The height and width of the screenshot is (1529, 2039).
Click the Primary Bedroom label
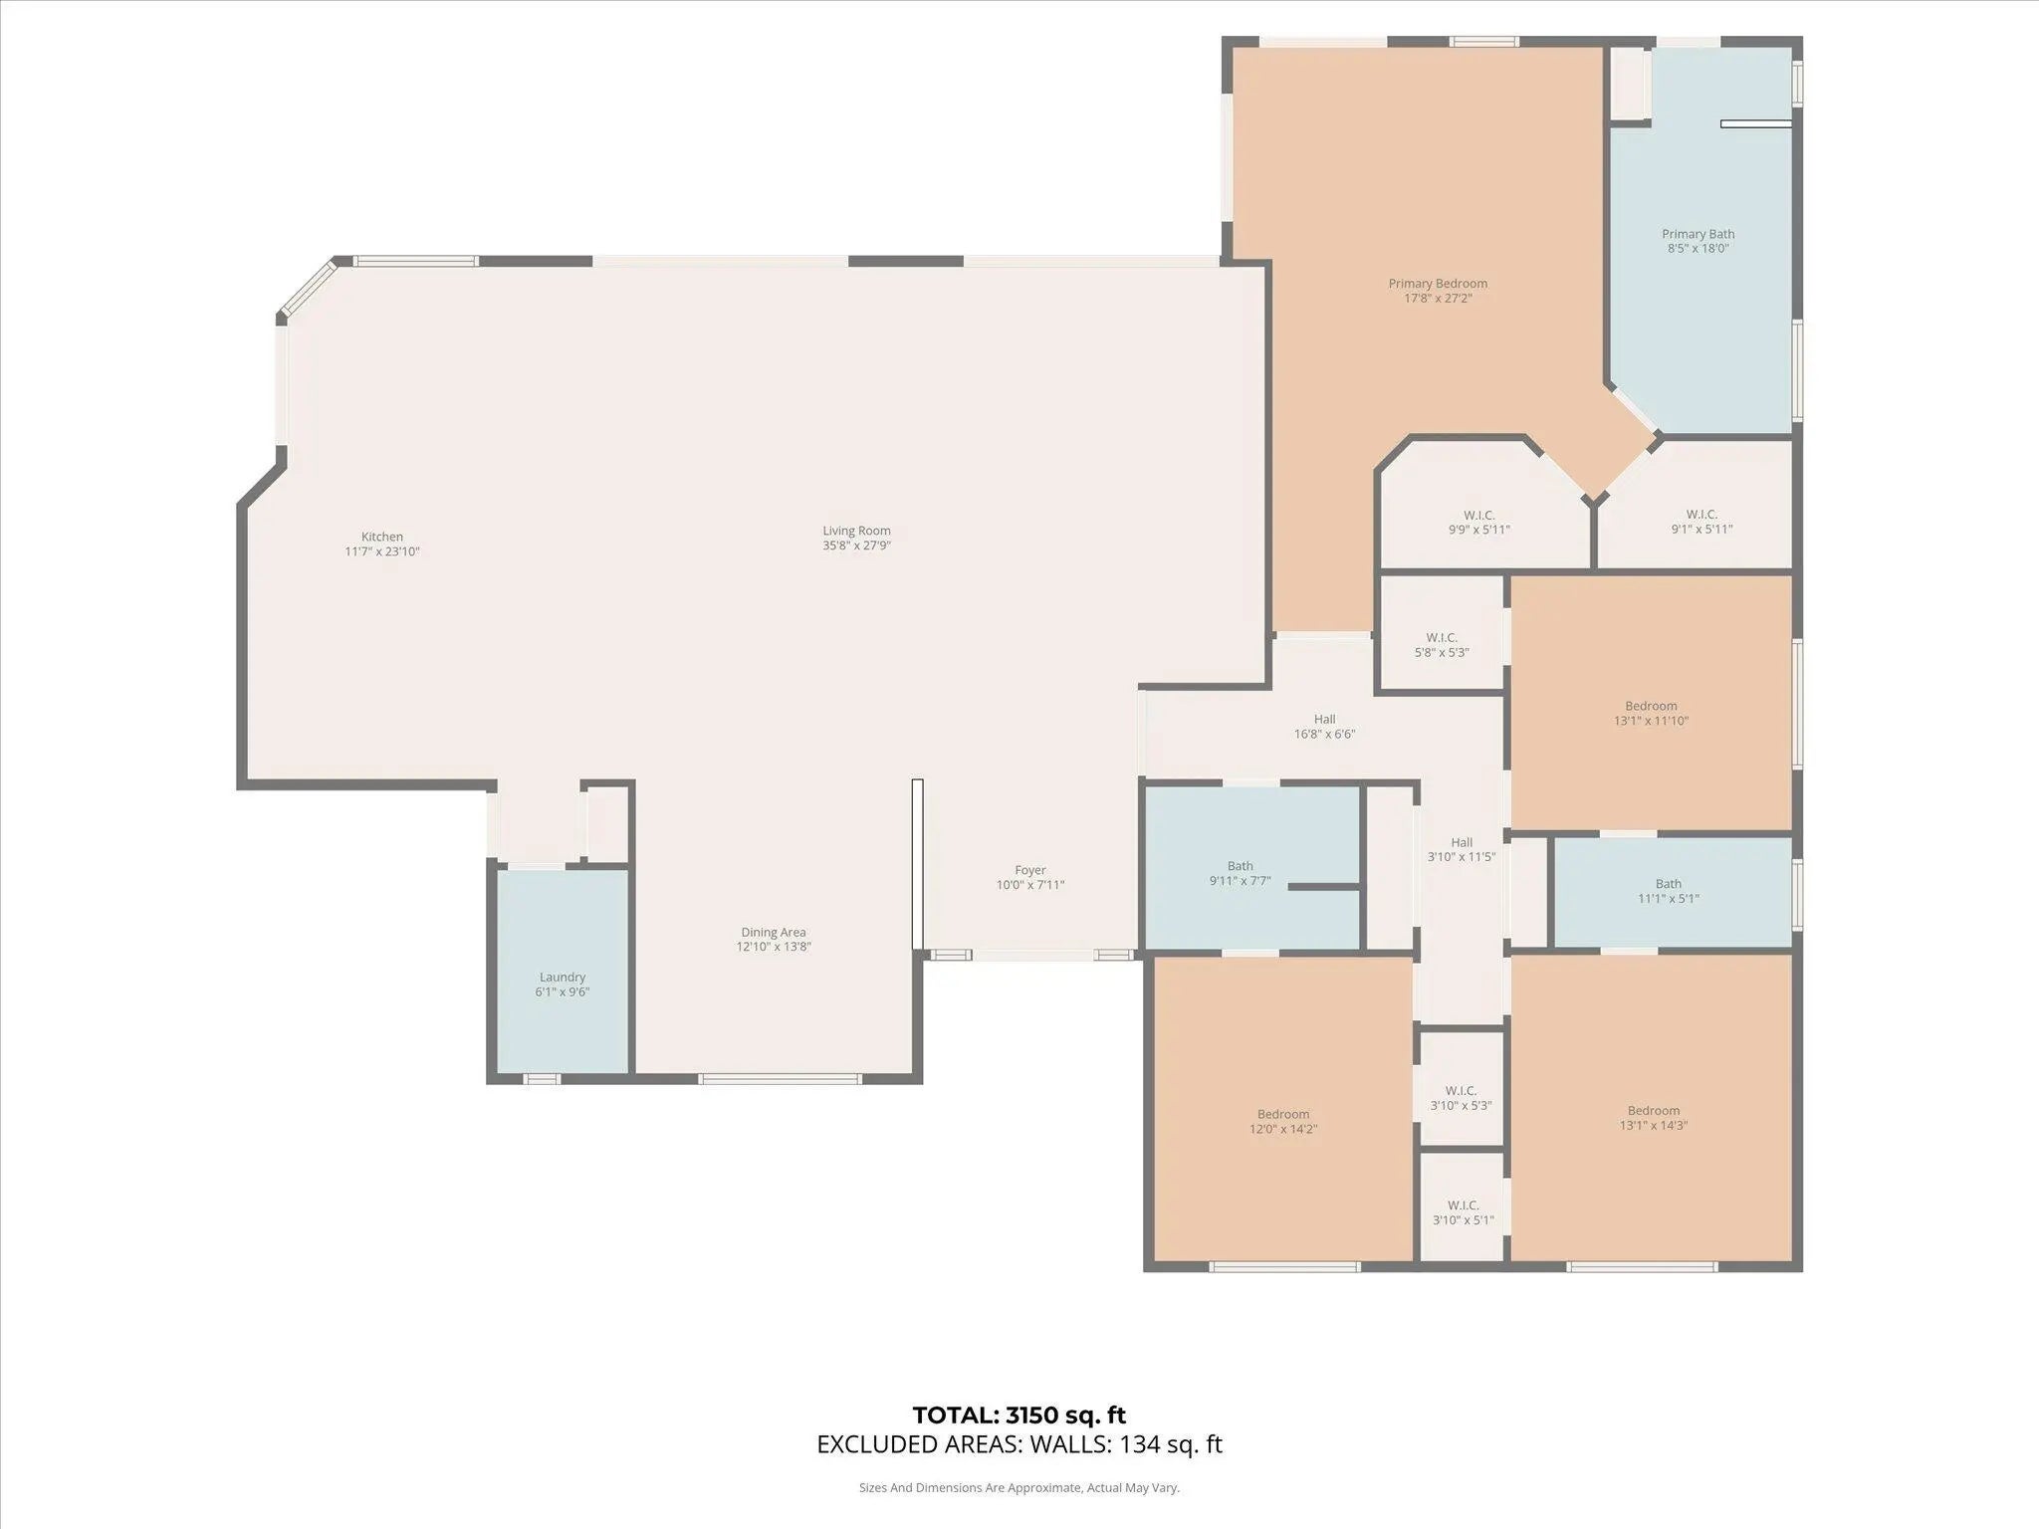[x=1438, y=284]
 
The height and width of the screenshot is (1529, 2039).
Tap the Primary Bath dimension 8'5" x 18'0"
[x=1698, y=249]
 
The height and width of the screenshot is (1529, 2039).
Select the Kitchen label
[x=382, y=537]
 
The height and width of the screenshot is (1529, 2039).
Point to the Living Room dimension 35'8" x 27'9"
[x=856, y=546]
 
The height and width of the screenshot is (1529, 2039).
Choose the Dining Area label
[x=774, y=933]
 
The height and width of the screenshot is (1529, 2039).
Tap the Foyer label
[x=1030, y=870]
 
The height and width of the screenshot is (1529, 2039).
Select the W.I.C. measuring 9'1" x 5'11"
[x=1698, y=506]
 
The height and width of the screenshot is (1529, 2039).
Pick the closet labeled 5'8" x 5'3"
[x=1442, y=634]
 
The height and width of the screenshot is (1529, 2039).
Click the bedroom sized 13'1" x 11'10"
[x=1651, y=703]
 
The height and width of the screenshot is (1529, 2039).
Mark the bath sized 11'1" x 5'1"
[x=1673, y=892]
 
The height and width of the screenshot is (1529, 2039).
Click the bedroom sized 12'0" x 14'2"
[x=1282, y=1109]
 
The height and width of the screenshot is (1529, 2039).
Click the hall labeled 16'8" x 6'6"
[x=1324, y=727]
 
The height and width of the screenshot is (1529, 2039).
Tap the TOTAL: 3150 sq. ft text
[x=1019, y=1416]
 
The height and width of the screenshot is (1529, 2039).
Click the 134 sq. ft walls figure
[x=1171, y=1444]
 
